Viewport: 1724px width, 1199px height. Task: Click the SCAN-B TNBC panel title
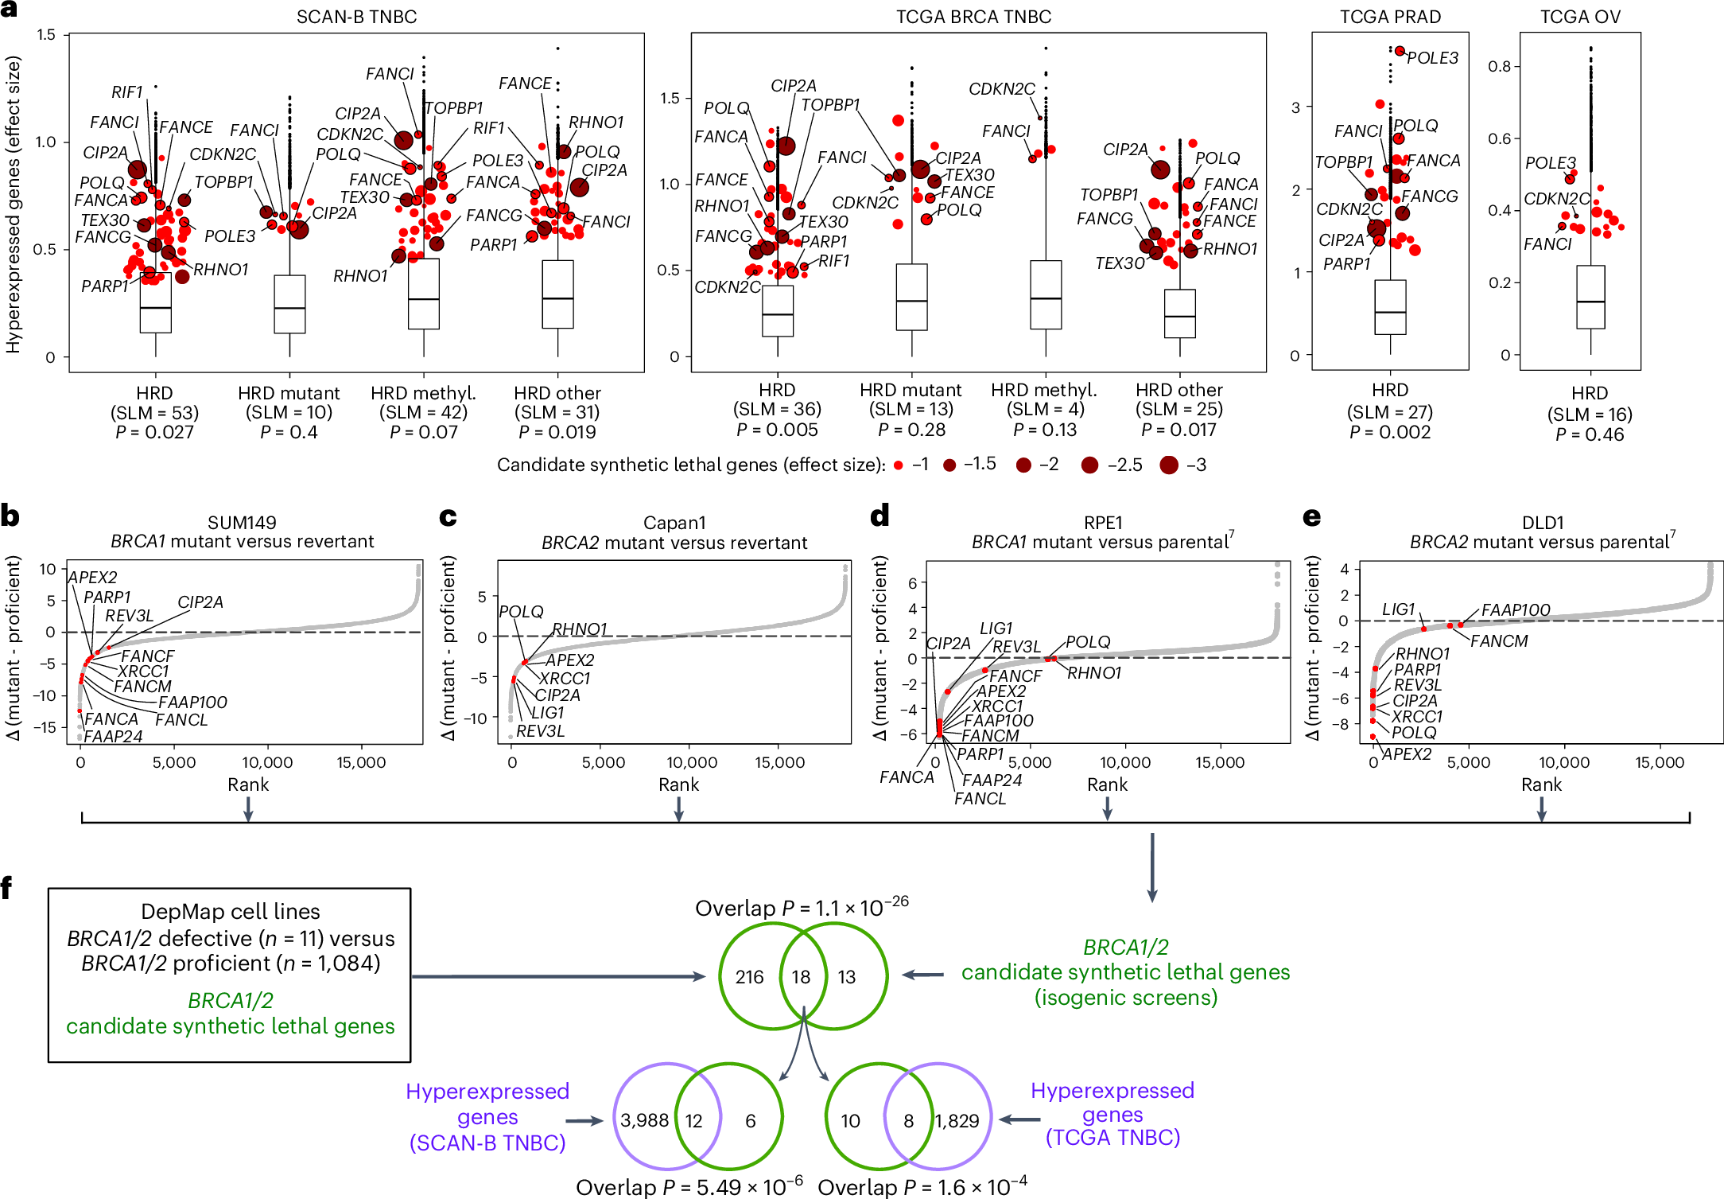click(x=356, y=17)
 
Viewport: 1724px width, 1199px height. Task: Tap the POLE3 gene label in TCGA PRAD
click(x=1432, y=58)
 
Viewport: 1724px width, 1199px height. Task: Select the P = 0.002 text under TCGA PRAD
click(x=1389, y=432)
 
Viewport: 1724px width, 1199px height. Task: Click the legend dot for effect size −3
click(x=1168, y=465)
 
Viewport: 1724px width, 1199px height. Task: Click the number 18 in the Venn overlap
click(x=801, y=977)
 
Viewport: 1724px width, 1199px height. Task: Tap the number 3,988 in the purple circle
click(x=644, y=1121)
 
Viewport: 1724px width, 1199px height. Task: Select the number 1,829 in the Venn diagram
click(x=957, y=1121)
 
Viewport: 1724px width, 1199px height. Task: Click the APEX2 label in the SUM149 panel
click(x=92, y=578)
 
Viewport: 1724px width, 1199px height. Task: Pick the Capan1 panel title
click(x=674, y=523)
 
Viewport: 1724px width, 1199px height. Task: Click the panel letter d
click(x=879, y=517)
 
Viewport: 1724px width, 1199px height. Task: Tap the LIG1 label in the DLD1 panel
click(x=1398, y=609)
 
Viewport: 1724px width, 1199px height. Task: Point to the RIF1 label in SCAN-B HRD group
click(x=127, y=92)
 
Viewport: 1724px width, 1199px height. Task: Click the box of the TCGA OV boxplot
click(x=1590, y=297)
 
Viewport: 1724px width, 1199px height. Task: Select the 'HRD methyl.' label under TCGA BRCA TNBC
click(x=1044, y=391)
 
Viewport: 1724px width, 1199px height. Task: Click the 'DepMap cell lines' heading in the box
click(x=231, y=912)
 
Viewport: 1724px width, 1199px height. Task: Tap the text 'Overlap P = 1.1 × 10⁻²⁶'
click(x=802, y=908)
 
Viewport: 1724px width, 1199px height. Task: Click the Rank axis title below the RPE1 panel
click(x=1107, y=784)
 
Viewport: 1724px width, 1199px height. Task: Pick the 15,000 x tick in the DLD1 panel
click(x=1659, y=762)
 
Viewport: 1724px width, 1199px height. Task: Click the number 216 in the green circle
click(x=749, y=977)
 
